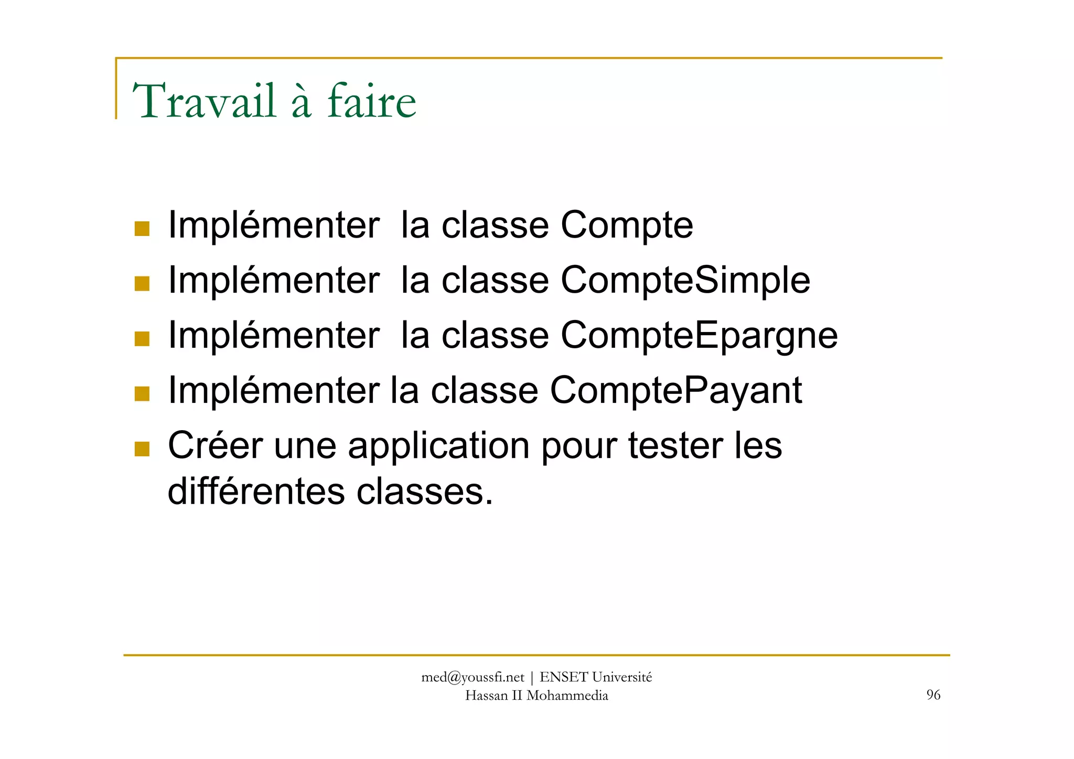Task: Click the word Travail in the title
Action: [204, 101]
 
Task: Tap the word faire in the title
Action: [372, 101]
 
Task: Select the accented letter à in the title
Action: [301, 101]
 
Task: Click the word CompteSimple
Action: [685, 281]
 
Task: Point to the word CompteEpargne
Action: [699, 336]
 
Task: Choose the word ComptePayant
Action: [675, 391]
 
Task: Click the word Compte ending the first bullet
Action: [627, 226]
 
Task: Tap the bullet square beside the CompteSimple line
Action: [142, 284]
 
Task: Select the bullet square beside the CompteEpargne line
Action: [142, 339]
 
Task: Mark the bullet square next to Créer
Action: [142, 449]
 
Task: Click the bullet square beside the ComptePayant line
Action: [142, 393]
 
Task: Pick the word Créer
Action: [215, 445]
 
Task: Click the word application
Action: [438, 446]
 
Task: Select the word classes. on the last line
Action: [425, 491]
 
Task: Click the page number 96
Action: [933, 695]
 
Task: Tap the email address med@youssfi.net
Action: [472, 678]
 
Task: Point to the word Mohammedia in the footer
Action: [567, 696]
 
